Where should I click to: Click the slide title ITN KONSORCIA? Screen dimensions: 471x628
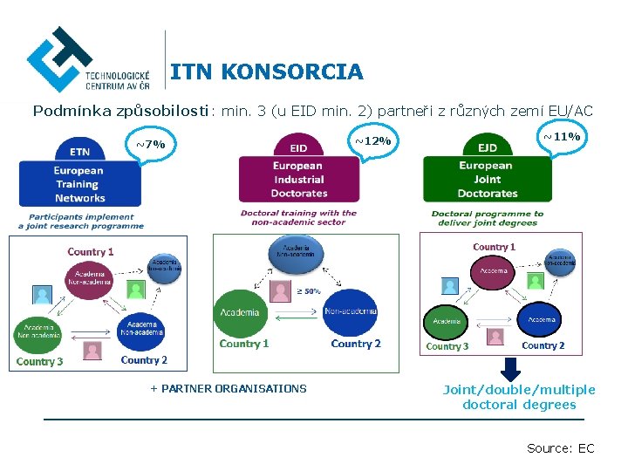(x=266, y=72)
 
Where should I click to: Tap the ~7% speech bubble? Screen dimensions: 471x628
(x=150, y=144)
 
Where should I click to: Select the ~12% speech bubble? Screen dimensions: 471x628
(x=372, y=140)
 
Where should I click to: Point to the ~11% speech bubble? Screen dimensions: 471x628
(x=562, y=137)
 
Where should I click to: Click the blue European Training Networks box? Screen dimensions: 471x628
(x=79, y=184)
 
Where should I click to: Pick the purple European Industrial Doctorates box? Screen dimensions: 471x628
(x=299, y=179)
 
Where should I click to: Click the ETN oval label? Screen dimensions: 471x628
(x=79, y=151)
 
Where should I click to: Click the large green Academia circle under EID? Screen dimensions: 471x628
(x=240, y=312)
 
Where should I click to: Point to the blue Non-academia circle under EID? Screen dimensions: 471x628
(x=351, y=312)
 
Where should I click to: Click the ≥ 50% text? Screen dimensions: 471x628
(x=308, y=290)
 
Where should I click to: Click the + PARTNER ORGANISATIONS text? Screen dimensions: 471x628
(x=229, y=389)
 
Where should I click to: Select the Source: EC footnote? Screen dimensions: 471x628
(x=560, y=448)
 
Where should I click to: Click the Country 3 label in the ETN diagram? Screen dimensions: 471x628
(x=39, y=361)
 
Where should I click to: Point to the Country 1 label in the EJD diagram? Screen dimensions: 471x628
(x=494, y=247)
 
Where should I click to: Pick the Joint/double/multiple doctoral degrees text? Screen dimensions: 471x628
(x=519, y=397)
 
